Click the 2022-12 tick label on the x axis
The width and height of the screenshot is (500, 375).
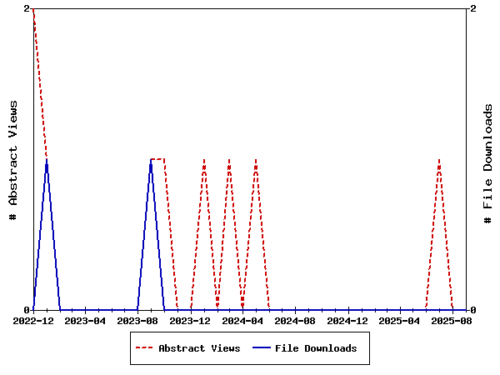coord(33,321)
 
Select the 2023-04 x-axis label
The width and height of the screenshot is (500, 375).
coord(86,321)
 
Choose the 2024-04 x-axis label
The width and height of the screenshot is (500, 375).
coord(242,321)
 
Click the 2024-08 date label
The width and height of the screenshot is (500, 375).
coord(295,321)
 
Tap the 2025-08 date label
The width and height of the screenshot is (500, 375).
coord(452,321)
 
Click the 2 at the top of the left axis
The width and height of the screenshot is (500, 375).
coord(27,8)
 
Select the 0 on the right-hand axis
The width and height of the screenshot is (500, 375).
coord(473,310)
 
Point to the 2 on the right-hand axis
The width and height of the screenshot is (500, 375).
coord(473,8)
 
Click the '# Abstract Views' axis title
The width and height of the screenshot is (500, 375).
coord(13,159)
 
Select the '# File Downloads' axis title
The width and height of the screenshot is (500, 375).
coord(488,163)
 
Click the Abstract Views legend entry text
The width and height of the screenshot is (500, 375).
coord(199,348)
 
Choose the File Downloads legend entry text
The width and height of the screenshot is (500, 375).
coord(316,348)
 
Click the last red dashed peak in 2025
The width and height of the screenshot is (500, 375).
coord(439,159)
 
